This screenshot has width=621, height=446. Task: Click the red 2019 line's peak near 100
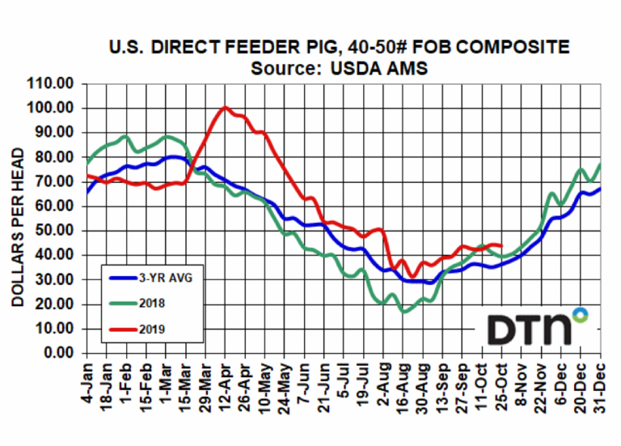point(225,107)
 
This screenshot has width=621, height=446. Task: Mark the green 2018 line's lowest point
point(404,311)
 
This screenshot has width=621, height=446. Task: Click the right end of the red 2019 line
point(503,245)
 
